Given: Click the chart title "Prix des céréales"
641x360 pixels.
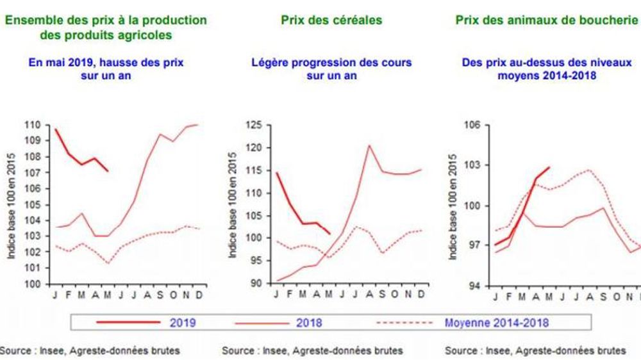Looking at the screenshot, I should click(x=331, y=20).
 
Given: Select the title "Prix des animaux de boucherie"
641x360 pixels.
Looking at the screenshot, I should click(x=547, y=20).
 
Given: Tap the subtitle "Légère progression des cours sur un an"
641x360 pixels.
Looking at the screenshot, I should click(x=331, y=69).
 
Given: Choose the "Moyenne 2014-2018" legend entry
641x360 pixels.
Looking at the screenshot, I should click(x=497, y=323).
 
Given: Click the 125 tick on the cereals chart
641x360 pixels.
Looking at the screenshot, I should click(x=254, y=125).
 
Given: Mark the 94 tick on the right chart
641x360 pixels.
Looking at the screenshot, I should click(x=474, y=285).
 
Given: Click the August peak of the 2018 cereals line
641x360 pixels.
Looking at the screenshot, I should click(x=369, y=145).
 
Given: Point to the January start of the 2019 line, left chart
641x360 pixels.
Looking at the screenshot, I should click(x=56, y=129).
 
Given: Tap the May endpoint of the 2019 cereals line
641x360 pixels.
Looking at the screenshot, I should click(x=329, y=233).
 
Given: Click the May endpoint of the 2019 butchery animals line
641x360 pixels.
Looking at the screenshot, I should click(x=549, y=167).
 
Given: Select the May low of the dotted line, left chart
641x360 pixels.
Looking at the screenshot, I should click(x=108, y=263).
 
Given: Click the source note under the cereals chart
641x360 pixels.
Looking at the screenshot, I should click(x=312, y=350).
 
